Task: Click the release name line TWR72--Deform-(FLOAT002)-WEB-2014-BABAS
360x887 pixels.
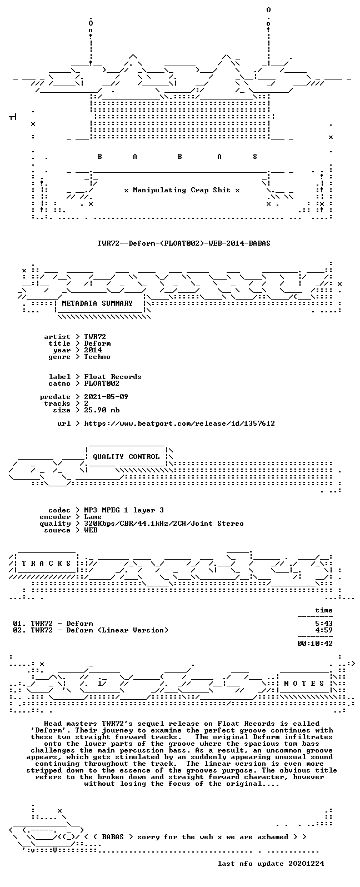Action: (x=184, y=243)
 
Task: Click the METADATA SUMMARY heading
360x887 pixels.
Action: (x=97, y=303)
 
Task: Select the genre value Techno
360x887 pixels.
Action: (x=97, y=357)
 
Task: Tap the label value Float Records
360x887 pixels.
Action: (x=112, y=377)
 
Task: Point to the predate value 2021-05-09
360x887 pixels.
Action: (x=106, y=397)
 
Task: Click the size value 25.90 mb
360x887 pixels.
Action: (x=102, y=410)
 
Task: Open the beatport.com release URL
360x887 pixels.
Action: (x=179, y=423)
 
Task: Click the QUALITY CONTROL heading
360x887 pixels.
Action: (x=126, y=457)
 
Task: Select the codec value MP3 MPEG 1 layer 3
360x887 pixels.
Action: (x=123, y=510)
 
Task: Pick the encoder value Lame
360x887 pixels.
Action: (x=93, y=517)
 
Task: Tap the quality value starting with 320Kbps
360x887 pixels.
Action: (x=163, y=524)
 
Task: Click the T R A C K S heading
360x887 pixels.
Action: (x=46, y=564)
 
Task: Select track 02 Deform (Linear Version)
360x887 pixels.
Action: (x=91, y=630)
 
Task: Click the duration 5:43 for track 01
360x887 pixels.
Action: (x=323, y=624)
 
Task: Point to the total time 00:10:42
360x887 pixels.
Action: (x=315, y=644)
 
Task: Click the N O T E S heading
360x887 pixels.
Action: (x=304, y=684)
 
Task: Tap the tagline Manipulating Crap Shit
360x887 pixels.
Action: (x=182, y=191)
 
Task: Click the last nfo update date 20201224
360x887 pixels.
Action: (x=306, y=864)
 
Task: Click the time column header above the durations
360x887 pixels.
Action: (x=323, y=610)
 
